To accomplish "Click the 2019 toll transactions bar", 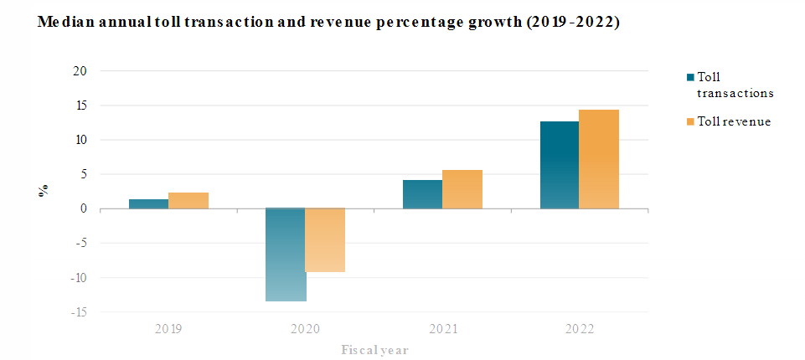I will tap(148, 203).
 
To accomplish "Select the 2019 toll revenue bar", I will tap(188, 200).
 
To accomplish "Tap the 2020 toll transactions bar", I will tap(285, 255).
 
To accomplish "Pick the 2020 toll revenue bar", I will tap(325, 240).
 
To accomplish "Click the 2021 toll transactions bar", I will tap(422, 194).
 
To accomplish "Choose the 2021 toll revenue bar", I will tap(462, 189).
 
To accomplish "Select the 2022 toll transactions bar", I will tap(559, 165).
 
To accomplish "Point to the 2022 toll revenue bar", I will tap(599, 159).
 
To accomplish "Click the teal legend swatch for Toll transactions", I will tap(690, 77).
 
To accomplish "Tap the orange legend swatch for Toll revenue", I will tap(690, 122).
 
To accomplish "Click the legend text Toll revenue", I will tap(734, 122).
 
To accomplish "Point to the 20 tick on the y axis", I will tap(80, 71).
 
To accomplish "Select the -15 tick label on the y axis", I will tap(78, 312).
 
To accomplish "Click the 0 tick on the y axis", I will tap(84, 209).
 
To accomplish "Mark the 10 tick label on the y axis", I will tap(80, 140).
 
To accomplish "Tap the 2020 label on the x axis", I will tap(305, 329).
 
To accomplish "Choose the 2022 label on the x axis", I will tap(579, 329).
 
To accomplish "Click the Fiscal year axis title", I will tap(374, 349).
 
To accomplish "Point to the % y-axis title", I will tap(43, 191).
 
